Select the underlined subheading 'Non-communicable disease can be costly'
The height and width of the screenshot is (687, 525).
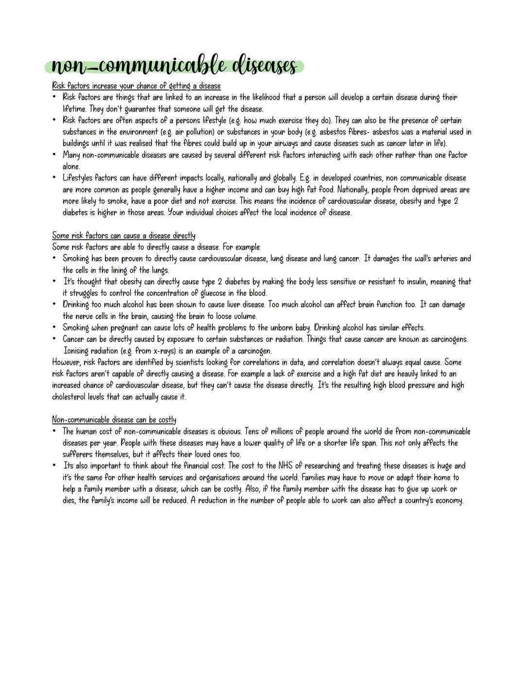(x=114, y=419)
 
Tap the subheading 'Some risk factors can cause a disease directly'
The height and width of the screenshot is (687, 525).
(x=123, y=236)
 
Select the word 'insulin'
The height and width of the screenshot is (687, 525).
(x=401, y=282)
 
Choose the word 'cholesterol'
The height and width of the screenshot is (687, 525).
(x=71, y=397)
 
